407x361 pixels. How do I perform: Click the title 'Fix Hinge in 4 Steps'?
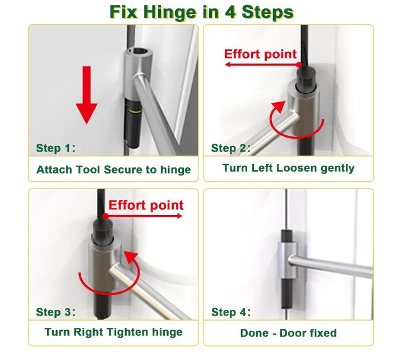pos(202,12)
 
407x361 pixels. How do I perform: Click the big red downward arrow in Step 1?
pos(87,95)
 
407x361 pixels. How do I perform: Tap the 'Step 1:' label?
pos(55,148)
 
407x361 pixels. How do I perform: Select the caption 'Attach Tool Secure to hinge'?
pos(113,170)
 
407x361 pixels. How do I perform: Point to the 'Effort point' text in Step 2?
pos(260,54)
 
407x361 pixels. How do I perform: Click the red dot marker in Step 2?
pos(299,65)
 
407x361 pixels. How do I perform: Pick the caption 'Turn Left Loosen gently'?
pos(288,168)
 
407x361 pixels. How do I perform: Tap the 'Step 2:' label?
pos(231,148)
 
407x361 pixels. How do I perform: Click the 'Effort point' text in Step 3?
pos(146,205)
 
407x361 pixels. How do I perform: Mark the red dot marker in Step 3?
pos(105,216)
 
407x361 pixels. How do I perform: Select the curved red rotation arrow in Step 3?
pos(109,293)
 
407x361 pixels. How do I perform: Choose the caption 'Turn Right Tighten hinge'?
pos(113,332)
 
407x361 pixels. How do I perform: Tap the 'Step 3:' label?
pos(55,312)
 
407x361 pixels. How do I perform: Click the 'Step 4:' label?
pos(231,312)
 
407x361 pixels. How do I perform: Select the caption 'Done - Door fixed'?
pos(288,333)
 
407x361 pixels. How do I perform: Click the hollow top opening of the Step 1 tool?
pos(140,51)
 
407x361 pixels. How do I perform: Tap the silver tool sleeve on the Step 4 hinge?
pos(288,261)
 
